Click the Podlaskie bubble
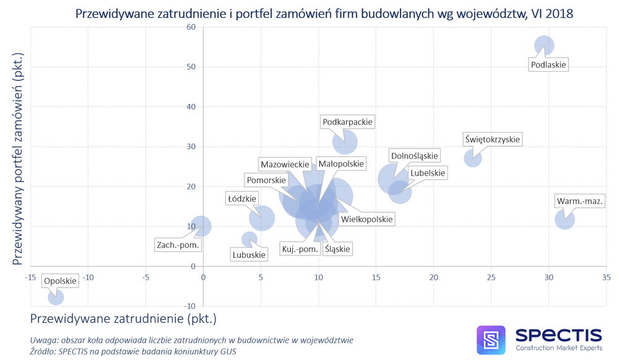tap(544, 45)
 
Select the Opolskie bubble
tap(56, 298)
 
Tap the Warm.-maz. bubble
tap(565, 219)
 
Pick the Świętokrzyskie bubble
tap(473, 158)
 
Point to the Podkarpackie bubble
tap(345, 142)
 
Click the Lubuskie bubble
tap(249, 239)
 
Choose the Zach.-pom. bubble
tap(201, 226)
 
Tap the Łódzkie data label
tap(241, 199)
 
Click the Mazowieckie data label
tap(285, 165)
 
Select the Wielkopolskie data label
tap(367, 219)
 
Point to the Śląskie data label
tap(337, 249)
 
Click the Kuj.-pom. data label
tap(300, 249)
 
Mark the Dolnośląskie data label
tap(414, 155)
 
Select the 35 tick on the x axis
tap(606, 276)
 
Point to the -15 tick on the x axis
tap(29, 276)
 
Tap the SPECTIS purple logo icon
tap(491, 340)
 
